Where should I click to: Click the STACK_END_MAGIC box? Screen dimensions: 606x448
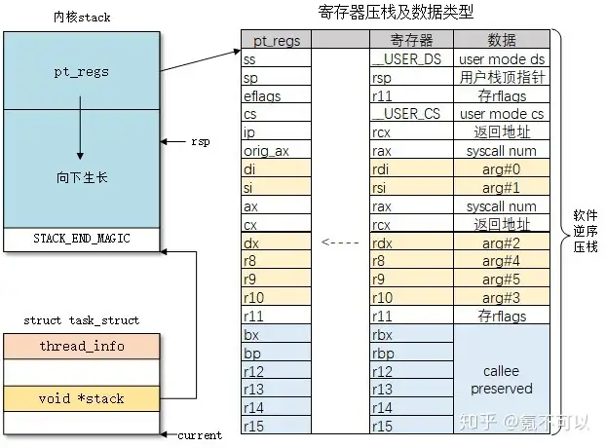coord(82,240)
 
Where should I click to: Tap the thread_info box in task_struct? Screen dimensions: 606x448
coord(82,346)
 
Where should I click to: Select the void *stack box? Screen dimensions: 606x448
coord(82,398)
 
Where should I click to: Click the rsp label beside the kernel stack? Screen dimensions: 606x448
coord(201,142)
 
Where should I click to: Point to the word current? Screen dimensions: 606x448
coord(200,435)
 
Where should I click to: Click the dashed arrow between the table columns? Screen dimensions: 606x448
coord(340,243)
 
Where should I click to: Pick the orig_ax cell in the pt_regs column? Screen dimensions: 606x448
coord(276,150)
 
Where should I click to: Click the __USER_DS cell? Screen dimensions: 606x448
coord(411,58)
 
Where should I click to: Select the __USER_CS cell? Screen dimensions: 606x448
coord(411,114)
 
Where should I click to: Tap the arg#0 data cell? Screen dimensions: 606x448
coord(502,169)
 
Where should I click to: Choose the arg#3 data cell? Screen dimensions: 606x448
coord(502,298)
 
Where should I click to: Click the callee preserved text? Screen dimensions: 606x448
coord(502,380)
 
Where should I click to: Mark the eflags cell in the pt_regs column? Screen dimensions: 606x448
coord(276,95)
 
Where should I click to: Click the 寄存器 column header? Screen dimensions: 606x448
coord(411,40)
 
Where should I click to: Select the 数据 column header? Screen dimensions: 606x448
coord(502,40)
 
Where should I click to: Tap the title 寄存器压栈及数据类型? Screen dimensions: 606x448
coord(396,12)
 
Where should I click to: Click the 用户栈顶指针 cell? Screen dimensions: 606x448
coord(502,77)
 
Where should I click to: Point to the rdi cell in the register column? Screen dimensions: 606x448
coord(411,169)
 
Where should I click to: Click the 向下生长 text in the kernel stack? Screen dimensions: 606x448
coord(82,177)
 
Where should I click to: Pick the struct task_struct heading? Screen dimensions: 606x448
coord(82,320)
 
